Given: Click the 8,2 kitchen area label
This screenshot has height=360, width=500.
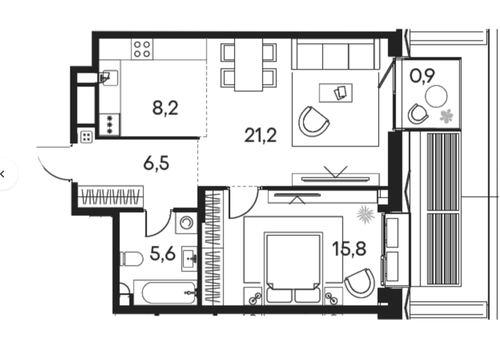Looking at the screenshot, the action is [x=165, y=108].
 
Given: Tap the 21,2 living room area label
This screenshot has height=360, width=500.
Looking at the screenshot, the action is [x=261, y=135].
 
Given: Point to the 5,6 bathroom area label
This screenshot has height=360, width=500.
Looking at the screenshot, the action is [x=163, y=254].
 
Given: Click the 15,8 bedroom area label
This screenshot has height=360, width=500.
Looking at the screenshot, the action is [x=349, y=248].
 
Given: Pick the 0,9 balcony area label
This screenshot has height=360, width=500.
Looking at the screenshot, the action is [x=422, y=76].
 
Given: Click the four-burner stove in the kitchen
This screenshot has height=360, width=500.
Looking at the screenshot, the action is [x=142, y=49].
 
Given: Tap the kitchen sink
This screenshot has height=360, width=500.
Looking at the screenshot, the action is [x=108, y=77].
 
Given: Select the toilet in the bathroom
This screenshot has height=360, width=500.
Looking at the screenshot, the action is [x=131, y=258].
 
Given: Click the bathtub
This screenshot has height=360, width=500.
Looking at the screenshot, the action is [x=165, y=292].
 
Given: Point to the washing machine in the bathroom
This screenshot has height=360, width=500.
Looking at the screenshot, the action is [x=186, y=223].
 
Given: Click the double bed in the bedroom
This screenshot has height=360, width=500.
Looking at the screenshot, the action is [x=293, y=268].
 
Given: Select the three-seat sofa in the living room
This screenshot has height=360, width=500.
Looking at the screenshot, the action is [x=336, y=54].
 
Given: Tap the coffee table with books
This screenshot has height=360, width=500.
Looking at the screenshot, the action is [x=336, y=93].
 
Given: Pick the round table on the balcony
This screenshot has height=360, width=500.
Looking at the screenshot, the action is [x=436, y=96].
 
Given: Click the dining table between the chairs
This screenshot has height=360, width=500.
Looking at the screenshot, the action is [x=249, y=65].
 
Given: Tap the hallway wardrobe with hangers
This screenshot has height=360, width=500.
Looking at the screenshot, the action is [x=111, y=197].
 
